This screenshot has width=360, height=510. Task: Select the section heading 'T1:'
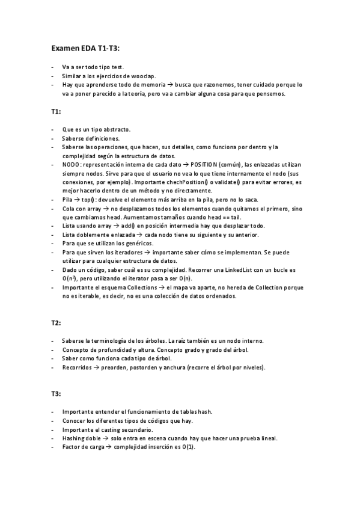pos(55,112)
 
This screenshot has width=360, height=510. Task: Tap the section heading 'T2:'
pos(55,323)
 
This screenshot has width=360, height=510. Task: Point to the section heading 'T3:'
pos(55,394)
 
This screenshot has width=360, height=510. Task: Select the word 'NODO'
pos(70,164)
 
